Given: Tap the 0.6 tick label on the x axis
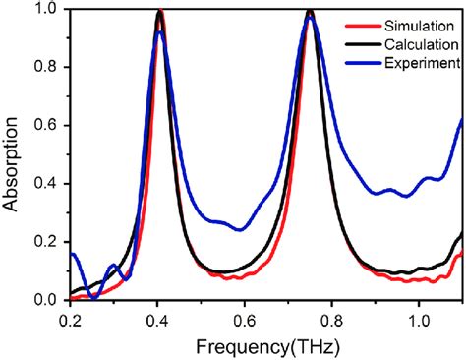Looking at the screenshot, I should click(245, 320).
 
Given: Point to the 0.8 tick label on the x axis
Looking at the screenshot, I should click(331, 320).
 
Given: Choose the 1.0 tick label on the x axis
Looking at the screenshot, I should click(419, 320).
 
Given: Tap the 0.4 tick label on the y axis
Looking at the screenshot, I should click(46, 184).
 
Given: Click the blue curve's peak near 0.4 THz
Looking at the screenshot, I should click(159, 32).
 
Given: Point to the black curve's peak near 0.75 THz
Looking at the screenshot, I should click(311, 11).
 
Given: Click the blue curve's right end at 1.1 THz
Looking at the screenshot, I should click(461, 120).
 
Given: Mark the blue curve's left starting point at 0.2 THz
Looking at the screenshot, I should click(72, 254).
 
